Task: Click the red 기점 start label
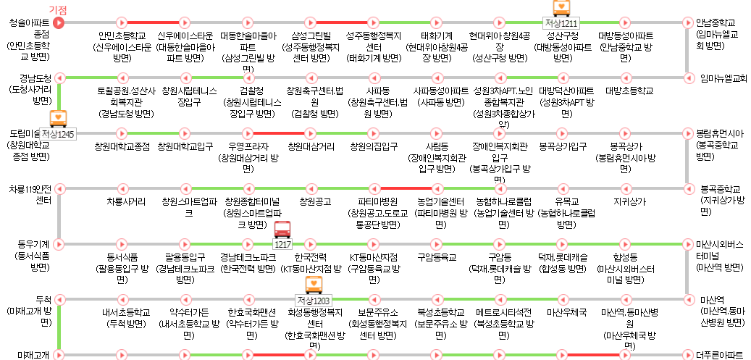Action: click(x=57, y=9)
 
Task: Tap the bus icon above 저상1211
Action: click(x=561, y=7)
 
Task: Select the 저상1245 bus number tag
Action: click(x=57, y=133)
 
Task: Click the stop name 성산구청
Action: click(x=561, y=35)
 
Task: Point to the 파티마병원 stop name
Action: click(x=374, y=201)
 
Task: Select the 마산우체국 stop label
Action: click(x=561, y=312)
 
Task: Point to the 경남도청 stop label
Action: click(x=36, y=78)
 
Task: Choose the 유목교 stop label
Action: click(x=561, y=201)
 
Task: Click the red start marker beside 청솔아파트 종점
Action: click(x=59, y=22)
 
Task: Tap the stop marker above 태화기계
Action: click(x=437, y=22)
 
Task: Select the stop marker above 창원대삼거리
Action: click(x=311, y=133)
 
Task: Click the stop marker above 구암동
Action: click(x=499, y=244)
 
